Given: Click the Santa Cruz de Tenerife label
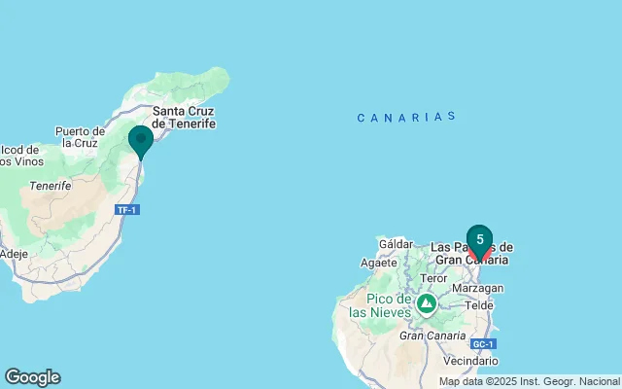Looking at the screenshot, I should pos(184,118).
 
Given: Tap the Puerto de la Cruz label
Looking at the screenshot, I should pos(80,136).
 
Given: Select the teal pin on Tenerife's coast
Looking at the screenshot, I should pos(141,140).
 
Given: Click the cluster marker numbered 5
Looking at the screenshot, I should pos(479,239).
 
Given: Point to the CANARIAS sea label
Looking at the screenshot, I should pos(406,117).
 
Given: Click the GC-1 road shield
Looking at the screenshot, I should pos(483,344).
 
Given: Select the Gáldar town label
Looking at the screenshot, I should pos(396,244).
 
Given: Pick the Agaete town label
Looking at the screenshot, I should pos(378,263).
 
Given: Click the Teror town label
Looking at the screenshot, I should pos(433,278).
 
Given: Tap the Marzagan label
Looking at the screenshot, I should pos(479,289).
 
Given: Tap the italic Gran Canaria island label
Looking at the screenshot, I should pos(429,336).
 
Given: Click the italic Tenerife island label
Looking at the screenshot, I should pos(51,185).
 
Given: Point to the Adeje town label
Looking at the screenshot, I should pos(14,254).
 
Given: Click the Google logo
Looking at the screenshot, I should pos(32,377).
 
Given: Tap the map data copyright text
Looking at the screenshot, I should pos(529,381).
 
